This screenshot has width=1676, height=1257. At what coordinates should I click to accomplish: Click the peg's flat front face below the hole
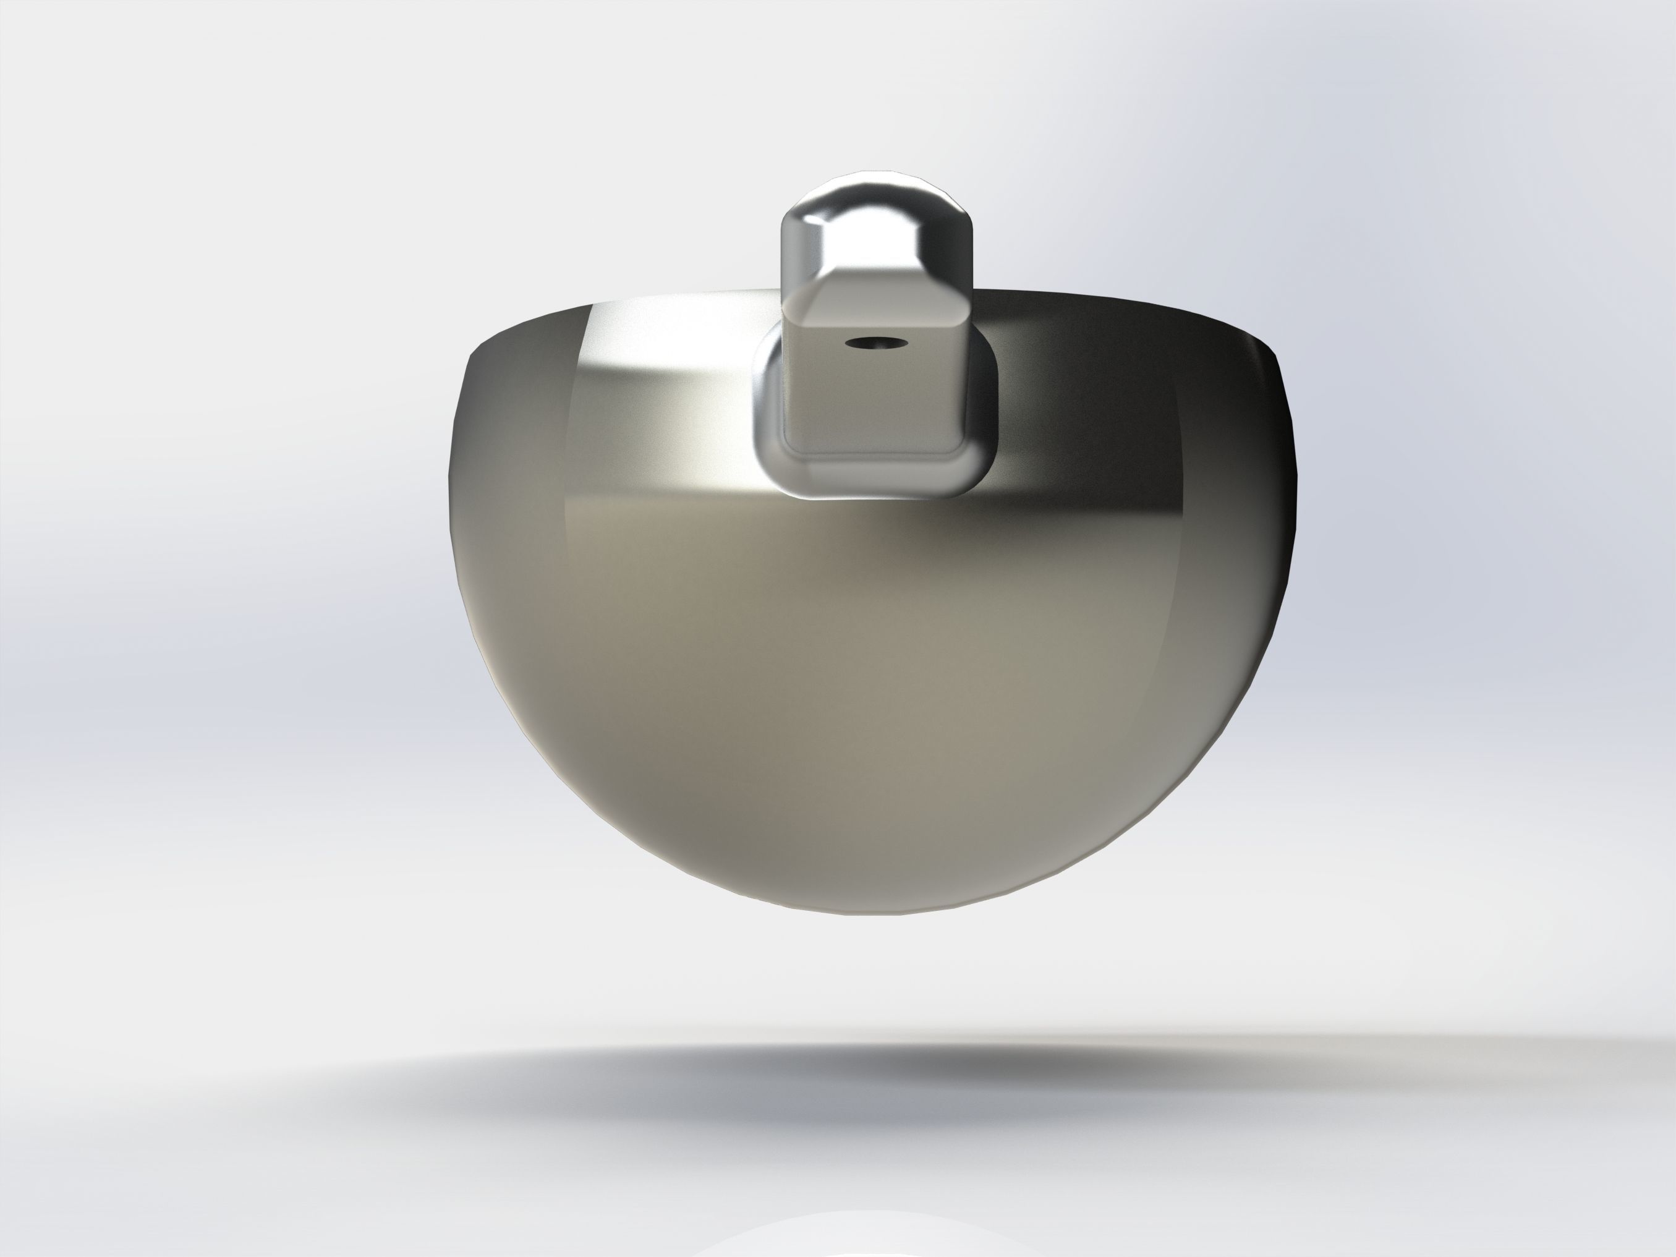click(871, 401)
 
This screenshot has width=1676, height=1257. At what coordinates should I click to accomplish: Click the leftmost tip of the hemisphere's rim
click(464, 364)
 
